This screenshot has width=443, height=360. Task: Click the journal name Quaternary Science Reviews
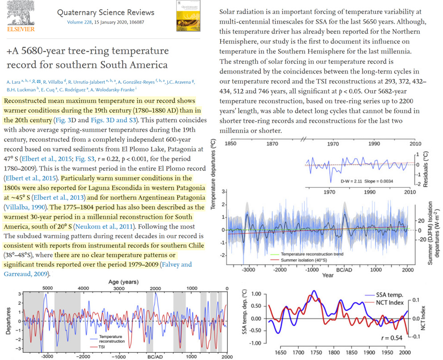pyautogui.click(x=106, y=12)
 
